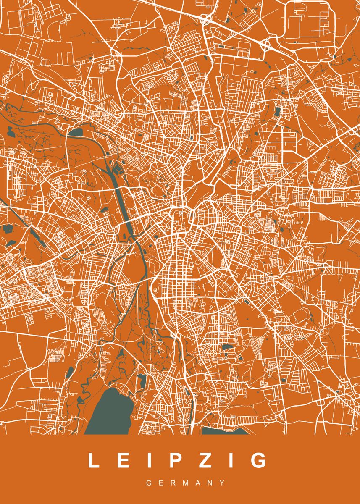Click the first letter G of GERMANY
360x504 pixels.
149,483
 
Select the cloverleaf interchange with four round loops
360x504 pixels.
206,19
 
